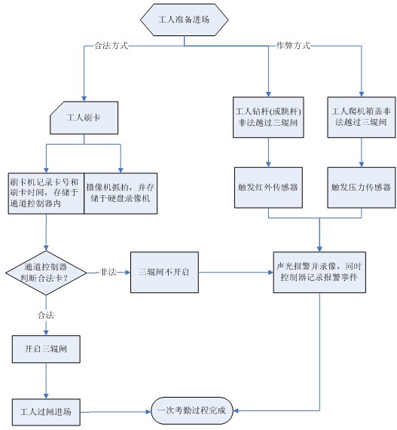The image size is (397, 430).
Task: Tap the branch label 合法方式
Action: click(111, 46)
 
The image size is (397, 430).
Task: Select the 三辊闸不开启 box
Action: click(164, 272)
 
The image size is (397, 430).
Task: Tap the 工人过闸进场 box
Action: click(47, 411)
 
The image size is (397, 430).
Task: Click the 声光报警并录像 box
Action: click(319, 272)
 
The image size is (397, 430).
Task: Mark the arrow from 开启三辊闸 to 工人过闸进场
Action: click(47, 380)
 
